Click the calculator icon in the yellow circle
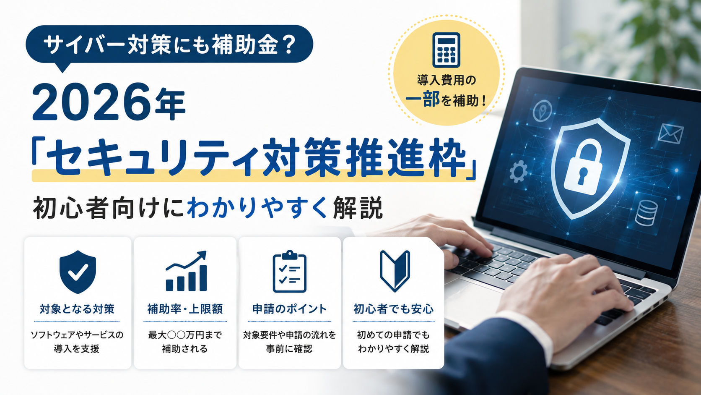[x=446, y=50]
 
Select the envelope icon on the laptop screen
[x=670, y=134]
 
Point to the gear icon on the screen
[x=518, y=171]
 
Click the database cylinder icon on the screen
[x=646, y=213]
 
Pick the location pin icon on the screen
[x=543, y=110]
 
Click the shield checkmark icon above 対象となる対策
[x=78, y=272]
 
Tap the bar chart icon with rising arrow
[x=186, y=271]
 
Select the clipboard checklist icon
[x=289, y=271]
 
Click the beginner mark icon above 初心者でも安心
[x=395, y=271]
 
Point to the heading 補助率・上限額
[x=185, y=309]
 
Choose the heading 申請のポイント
[x=289, y=309]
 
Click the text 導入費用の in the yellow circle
[x=447, y=80]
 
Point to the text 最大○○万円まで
[x=185, y=335]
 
